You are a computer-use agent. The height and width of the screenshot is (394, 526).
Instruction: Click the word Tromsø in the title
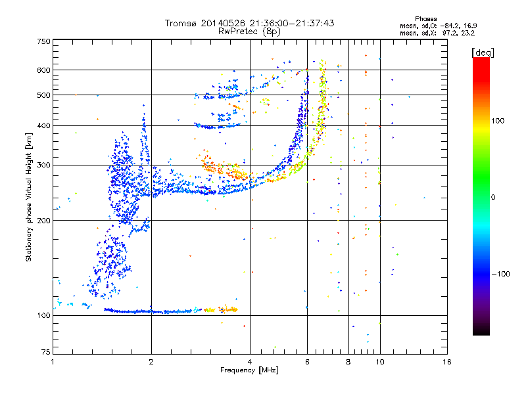click(180, 23)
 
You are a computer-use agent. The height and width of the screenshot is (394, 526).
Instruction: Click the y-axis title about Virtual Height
click(29, 197)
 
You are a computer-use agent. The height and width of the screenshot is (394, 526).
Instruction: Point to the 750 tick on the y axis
click(43, 41)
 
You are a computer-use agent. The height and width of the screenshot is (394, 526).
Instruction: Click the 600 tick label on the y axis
click(43, 70)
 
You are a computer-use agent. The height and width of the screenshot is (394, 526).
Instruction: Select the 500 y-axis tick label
click(43, 95)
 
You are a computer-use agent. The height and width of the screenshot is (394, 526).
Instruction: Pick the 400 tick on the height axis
click(43, 126)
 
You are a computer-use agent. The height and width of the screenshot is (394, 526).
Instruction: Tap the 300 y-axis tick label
click(43, 165)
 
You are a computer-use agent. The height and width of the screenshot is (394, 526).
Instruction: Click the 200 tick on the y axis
click(43, 221)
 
